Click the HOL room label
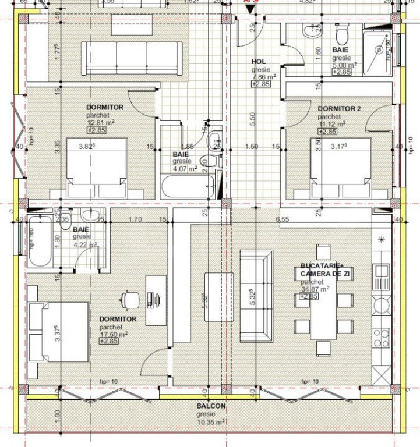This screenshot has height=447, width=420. pos(259,61)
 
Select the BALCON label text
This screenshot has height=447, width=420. pos(211,406)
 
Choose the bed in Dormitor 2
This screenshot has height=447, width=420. pos(341,167)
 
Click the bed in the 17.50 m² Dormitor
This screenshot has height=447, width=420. pos(57,332)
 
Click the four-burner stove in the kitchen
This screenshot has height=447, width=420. pos(381,336)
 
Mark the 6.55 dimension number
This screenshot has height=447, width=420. pos(283,219)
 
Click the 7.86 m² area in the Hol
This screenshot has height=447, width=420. pos(264,76)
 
